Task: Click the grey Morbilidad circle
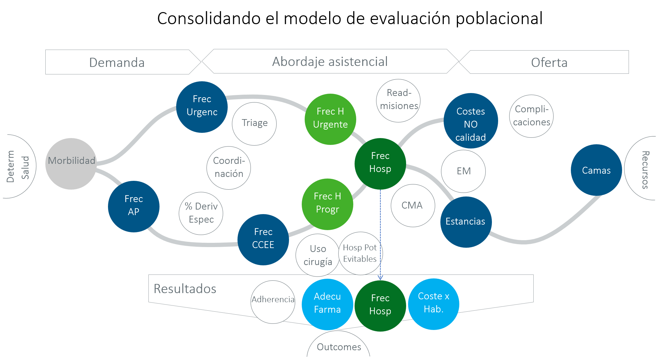(x=71, y=164)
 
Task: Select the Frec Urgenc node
(x=202, y=107)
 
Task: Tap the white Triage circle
(x=254, y=124)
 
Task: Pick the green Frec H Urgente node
(x=330, y=119)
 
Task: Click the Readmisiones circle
(x=398, y=101)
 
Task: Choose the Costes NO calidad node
(x=471, y=121)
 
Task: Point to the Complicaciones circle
(x=531, y=116)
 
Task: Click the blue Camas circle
(x=596, y=170)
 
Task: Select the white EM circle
(x=464, y=171)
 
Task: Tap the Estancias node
(x=466, y=222)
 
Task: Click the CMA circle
(x=413, y=206)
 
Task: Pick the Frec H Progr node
(x=328, y=204)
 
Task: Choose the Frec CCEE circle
(x=263, y=240)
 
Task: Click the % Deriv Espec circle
(x=201, y=213)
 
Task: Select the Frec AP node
(x=134, y=206)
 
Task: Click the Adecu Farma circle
(x=327, y=304)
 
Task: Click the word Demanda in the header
(x=117, y=62)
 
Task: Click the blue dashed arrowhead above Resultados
(x=380, y=278)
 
